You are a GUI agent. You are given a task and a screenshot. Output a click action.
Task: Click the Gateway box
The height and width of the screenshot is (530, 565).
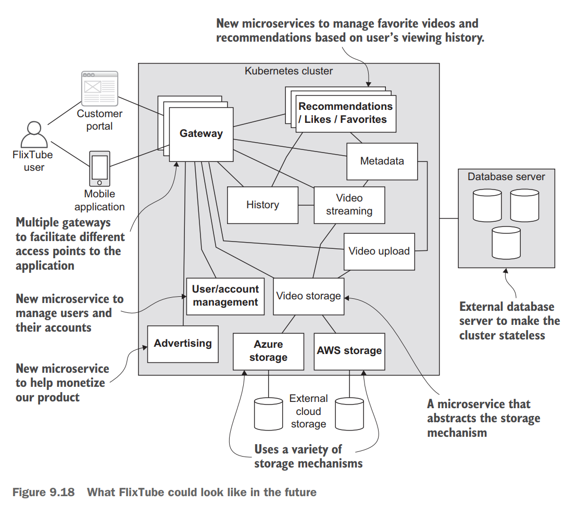pos(201,134)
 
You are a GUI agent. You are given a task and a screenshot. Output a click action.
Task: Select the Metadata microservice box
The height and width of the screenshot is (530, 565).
pos(382,161)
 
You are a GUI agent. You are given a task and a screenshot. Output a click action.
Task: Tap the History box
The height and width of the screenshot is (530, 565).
pos(262,205)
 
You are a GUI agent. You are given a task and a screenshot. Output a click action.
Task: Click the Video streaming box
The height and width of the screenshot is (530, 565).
pos(349,205)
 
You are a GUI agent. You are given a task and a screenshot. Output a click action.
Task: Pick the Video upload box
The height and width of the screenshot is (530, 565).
pos(379,251)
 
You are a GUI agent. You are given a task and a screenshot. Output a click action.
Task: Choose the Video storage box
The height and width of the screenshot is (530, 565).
pos(308,296)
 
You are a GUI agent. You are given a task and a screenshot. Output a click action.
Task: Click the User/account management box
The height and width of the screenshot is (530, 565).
pos(225,296)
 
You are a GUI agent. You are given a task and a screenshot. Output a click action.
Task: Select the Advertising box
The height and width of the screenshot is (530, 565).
pos(183,344)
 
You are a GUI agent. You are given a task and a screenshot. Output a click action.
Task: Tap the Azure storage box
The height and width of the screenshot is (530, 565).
pos(268,351)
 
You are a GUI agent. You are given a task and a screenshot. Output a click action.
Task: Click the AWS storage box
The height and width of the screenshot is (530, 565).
pos(349,351)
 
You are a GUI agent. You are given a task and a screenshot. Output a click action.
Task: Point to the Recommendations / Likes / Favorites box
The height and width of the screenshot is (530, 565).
pos(345,113)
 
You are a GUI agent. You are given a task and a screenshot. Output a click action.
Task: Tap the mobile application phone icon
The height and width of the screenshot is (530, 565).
pos(99,169)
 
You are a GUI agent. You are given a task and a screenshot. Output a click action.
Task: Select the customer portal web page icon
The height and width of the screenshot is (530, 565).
pos(99,89)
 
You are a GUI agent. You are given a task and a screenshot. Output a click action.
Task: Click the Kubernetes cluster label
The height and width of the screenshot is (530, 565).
pos(288,71)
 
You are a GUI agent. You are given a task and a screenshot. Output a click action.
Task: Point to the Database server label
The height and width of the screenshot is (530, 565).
pos(506,176)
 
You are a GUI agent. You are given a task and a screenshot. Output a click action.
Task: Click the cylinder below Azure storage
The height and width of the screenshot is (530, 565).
pos(268,414)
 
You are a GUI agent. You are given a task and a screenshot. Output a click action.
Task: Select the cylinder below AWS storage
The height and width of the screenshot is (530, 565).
pos(349,414)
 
